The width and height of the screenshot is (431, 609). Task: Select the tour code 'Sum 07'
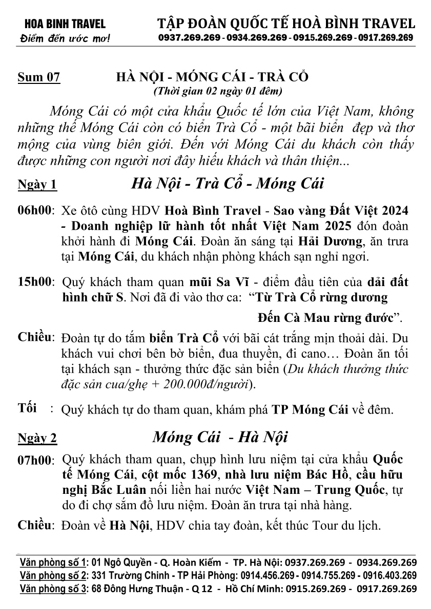coord(39,78)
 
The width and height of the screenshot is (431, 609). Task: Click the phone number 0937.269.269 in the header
coord(190,38)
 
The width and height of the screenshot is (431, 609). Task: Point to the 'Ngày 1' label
coord(37,185)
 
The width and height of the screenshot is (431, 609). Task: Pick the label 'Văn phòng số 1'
coord(53,563)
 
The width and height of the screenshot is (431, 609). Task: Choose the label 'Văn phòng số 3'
coord(53,589)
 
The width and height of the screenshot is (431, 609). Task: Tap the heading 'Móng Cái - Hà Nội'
coord(220,438)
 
